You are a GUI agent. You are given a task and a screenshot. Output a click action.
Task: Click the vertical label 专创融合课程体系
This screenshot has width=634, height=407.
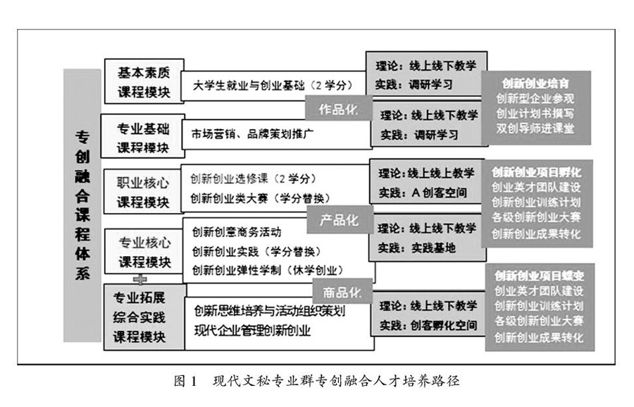[x=82, y=205]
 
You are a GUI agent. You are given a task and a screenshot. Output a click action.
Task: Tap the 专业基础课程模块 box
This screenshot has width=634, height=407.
[x=143, y=138]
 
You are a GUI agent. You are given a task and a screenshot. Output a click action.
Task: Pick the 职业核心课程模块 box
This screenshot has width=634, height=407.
[x=143, y=192]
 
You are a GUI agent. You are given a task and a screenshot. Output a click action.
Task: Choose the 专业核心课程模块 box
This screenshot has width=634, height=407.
[x=144, y=251]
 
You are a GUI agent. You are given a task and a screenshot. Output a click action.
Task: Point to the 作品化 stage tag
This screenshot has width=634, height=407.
[x=339, y=110]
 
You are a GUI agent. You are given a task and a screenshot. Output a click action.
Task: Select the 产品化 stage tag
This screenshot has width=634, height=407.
[x=340, y=221]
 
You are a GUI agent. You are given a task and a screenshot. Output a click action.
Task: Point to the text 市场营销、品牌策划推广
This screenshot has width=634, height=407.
[x=251, y=133]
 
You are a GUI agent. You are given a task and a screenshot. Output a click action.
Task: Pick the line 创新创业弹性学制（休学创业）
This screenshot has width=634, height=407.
[x=267, y=269]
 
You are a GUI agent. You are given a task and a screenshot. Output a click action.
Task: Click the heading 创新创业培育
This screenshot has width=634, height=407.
[x=536, y=83]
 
